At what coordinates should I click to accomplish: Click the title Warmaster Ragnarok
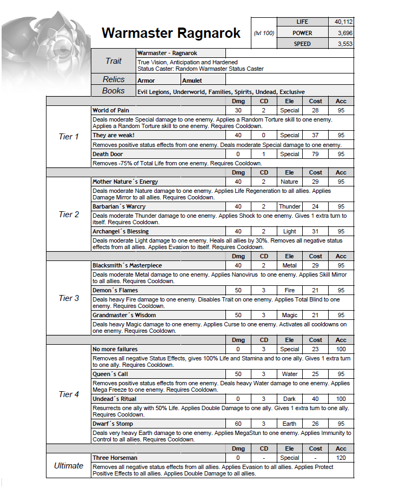171,33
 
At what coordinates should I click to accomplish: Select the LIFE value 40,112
341,22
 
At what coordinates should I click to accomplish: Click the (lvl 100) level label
264,34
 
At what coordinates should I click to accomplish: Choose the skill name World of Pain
111,110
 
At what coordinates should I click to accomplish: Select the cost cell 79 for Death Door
316,154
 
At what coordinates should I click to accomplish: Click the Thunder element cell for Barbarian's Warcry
290,206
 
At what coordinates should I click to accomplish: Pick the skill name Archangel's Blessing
121,231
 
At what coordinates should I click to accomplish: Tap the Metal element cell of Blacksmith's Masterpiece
290,265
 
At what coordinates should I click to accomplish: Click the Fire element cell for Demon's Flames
290,290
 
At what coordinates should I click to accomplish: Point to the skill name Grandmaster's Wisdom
124,315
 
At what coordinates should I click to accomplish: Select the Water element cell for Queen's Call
290,374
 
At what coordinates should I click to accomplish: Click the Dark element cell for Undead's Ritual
290,399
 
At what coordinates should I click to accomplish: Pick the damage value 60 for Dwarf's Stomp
238,424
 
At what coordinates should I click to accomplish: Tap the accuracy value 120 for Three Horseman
341,458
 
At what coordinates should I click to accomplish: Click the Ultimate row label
69,466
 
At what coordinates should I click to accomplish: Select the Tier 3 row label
69,298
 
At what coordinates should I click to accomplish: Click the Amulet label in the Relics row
192,81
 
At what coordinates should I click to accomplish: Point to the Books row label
114,91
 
